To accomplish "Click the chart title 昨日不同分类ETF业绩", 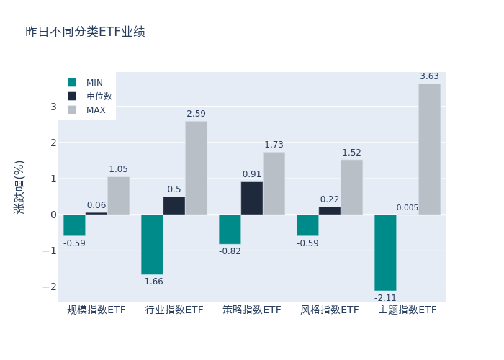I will pyautogui.click(x=86, y=32).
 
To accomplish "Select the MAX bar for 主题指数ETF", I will pyautogui.click(x=429, y=149).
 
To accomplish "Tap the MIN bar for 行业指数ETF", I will pyautogui.click(x=152, y=244).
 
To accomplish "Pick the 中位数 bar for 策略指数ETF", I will pyautogui.click(x=252, y=198).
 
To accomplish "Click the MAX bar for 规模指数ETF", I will pyautogui.click(x=119, y=196).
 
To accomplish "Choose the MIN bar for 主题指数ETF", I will pyautogui.click(x=385, y=252).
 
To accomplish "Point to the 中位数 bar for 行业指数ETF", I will pyautogui.click(x=174, y=205).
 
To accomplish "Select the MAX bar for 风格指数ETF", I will pyautogui.click(x=351, y=187).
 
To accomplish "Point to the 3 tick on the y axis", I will pyautogui.click(x=53, y=107).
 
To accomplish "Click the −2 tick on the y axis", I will pyautogui.click(x=50, y=287).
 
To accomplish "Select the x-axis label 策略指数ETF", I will pyautogui.click(x=252, y=310).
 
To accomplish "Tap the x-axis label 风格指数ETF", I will pyautogui.click(x=330, y=310).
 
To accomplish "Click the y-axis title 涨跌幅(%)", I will pyautogui.click(x=19, y=186).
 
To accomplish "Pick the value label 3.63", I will pyautogui.click(x=429, y=76).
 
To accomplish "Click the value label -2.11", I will pyautogui.click(x=385, y=297).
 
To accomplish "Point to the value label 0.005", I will pyautogui.click(x=407, y=208).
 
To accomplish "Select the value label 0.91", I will pyautogui.click(x=252, y=174).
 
